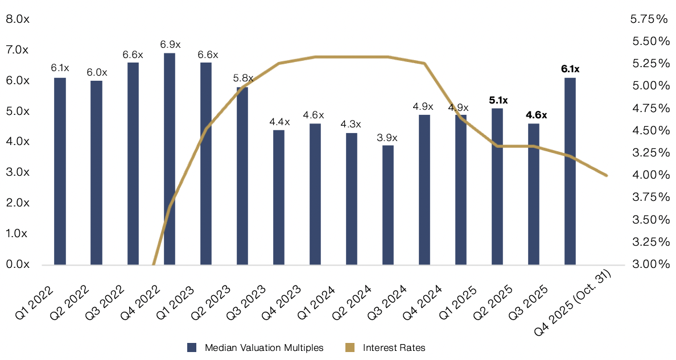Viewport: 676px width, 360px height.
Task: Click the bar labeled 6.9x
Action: click(x=170, y=159)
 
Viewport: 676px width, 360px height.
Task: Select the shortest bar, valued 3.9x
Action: click(x=388, y=205)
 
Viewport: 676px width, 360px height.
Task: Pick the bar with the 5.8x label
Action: click(x=242, y=176)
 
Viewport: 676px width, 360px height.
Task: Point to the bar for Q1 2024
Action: click(x=352, y=198)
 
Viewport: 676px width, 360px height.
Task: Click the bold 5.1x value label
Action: click(x=498, y=100)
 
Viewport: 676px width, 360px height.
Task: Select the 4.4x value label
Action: click(x=279, y=122)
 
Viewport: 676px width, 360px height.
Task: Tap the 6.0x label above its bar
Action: click(x=97, y=72)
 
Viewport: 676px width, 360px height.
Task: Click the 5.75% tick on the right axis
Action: click(x=649, y=19)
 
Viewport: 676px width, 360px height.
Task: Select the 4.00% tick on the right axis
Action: click(x=649, y=175)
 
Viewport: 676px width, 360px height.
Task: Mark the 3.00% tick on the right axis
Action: click(x=649, y=264)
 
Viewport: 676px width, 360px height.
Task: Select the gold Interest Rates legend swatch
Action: click(x=349, y=347)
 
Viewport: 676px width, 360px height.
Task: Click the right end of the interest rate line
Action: click(x=607, y=175)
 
